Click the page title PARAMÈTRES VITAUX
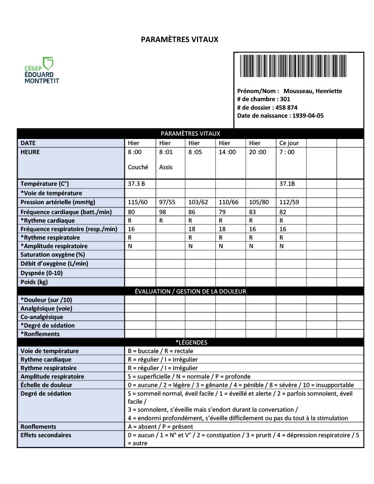click(180, 39)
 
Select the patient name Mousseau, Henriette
click(313, 91)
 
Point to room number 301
click(285, 99)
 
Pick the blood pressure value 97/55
click(167, 202)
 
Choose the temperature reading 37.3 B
click(136, 183)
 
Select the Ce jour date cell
click(289, 143)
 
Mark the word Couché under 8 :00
click(138, 167)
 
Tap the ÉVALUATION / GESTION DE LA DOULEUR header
click(190, 292)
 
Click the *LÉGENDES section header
click(191, 342)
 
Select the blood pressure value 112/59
click(289, 202)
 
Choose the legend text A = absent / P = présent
click(160, 426)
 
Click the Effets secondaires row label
click(46, 435)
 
